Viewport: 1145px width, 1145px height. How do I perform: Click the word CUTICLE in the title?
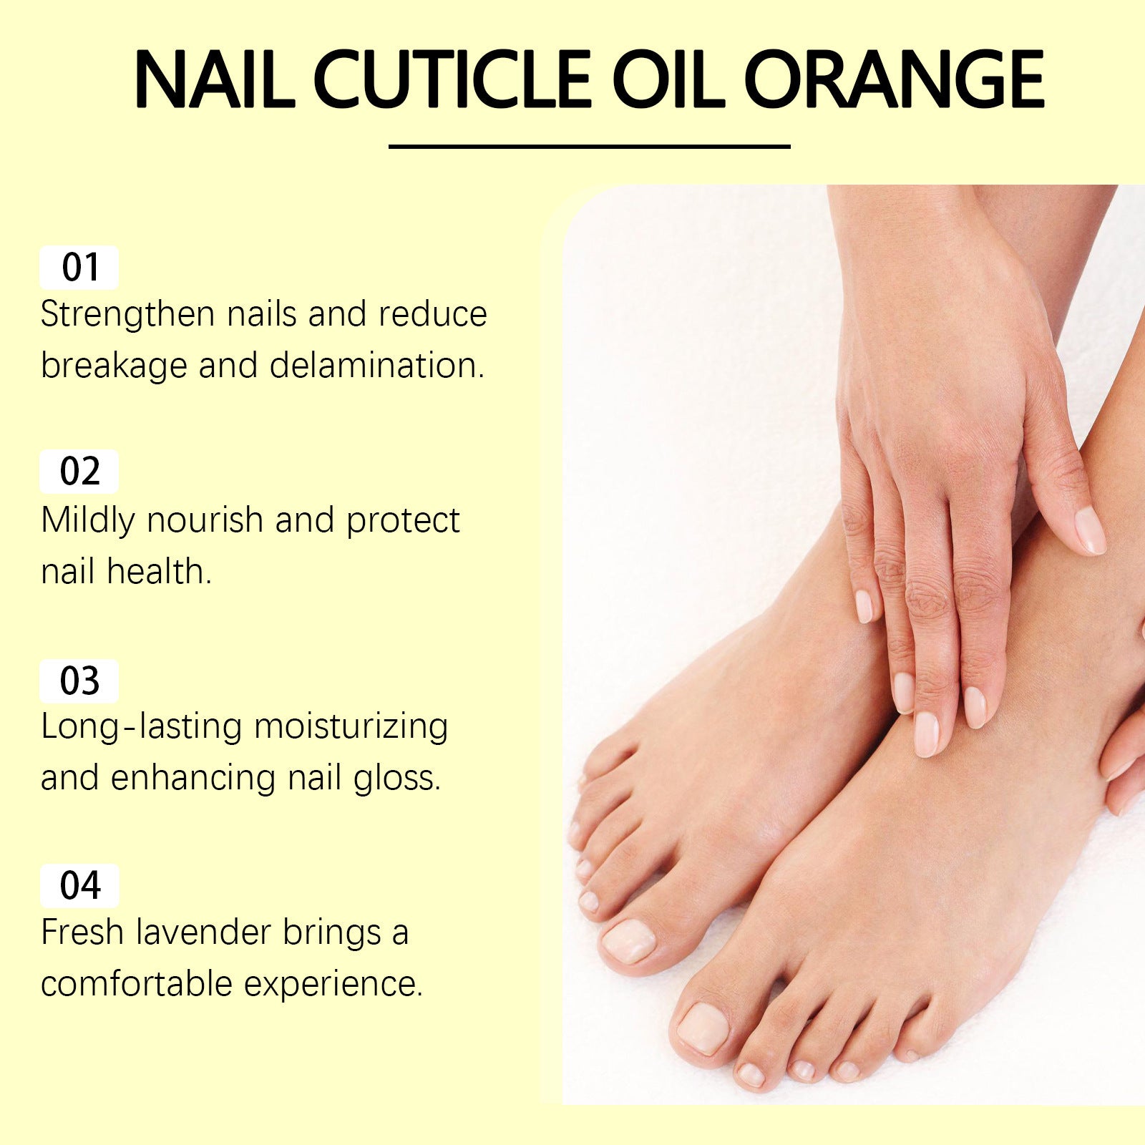tap(452, 79)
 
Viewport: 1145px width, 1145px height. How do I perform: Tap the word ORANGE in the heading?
tap(895, 79)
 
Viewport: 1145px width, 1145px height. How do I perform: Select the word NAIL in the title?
tap(214, 79)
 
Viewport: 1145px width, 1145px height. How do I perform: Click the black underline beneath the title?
tap(589, 147)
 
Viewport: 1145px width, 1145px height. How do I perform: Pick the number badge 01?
tap(79, 268)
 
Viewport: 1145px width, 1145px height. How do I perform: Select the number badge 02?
tap(79, 472)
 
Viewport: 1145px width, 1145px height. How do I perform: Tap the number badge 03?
tap(79, 681)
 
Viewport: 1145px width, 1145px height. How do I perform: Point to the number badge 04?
tap(79, 886)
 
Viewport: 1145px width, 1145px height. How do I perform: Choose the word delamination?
tap(376, 366)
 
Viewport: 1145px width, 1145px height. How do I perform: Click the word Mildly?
tap(87, 521)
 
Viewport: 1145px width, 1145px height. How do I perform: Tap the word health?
tap(159, 572)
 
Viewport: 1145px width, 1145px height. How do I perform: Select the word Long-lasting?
tap(141, 727)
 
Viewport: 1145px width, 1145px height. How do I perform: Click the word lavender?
tap(203, 932)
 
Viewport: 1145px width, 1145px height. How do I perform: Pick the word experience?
tap(333, 984)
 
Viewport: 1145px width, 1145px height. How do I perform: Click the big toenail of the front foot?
tap(703, 1028)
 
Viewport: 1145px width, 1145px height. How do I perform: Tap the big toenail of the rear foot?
tap(628, 940)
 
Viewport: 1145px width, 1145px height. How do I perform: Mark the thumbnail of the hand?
tap(1090, 530)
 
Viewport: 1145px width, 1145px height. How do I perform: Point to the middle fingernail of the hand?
tap(926, 734)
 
